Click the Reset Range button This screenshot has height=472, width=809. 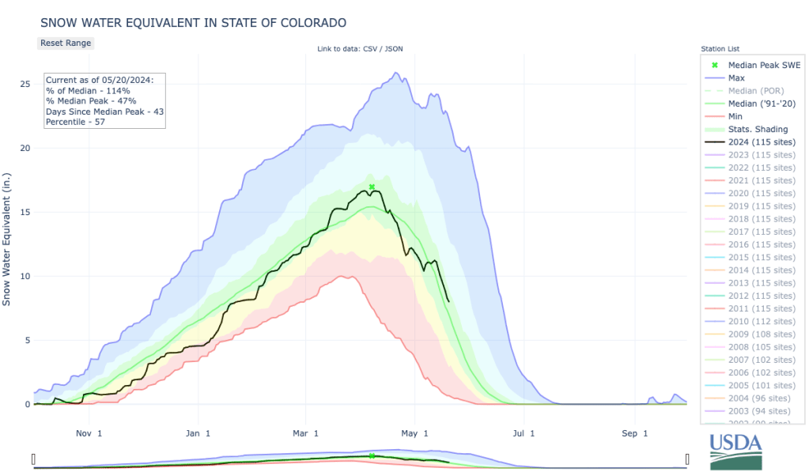click(x=66, y=43)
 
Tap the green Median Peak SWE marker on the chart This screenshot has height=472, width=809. click(x=372, y=187)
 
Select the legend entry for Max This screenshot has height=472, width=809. click(x=736, y=78)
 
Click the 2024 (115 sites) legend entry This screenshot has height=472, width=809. click(x=762, y=142)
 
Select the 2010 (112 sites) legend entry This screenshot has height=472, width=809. click(x=762, y=321)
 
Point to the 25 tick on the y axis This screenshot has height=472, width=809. click(x=25, y=84)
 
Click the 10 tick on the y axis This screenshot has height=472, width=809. click(x=25, y=276)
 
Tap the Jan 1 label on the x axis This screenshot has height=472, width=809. click(x=198, y=433)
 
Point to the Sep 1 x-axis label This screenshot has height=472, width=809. click(x=629, y=433)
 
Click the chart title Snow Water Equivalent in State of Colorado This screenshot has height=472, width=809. click(x=193, y=22)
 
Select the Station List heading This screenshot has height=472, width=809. click(x=720, y=49)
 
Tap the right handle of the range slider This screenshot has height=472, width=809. click(x=687, y=459)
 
